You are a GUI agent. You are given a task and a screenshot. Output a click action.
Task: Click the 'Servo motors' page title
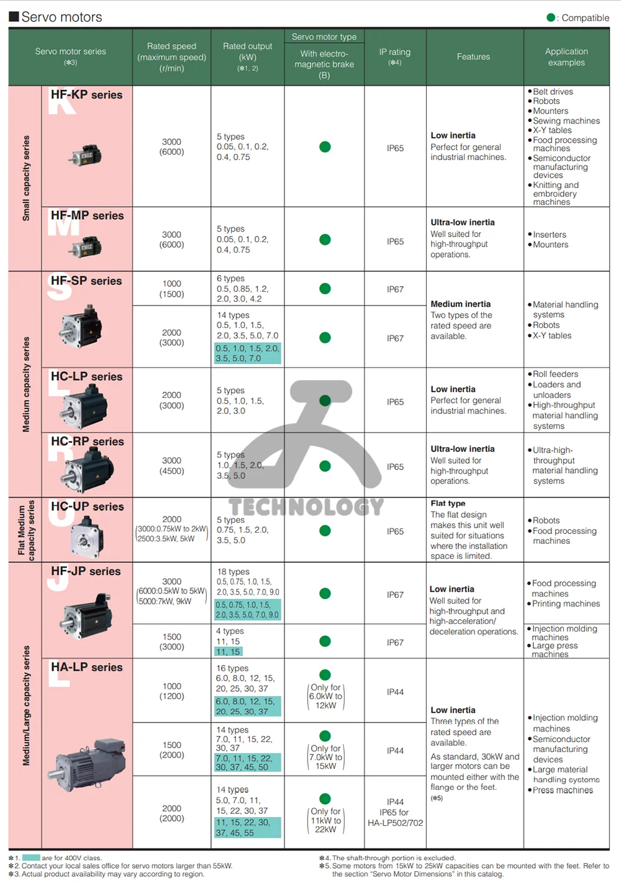point(61,17)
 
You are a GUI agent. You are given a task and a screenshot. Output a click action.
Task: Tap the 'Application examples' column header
point(566,57)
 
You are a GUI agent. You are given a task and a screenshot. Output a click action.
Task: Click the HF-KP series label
point(86,95)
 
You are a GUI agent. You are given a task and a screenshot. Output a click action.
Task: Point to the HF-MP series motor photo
point(86,247)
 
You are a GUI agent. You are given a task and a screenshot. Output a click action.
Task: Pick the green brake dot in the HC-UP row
point(325,531)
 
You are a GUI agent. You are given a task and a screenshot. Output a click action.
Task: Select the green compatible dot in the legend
point(551,17)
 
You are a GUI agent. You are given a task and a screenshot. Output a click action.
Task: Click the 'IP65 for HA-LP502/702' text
point(395,818)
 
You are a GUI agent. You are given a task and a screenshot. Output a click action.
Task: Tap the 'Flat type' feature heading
point(448,504)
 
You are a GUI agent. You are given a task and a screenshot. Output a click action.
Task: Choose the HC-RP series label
point(87,441)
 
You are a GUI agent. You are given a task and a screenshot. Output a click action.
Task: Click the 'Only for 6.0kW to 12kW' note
point(325,696)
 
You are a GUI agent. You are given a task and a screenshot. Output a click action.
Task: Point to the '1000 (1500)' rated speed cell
point(172,289)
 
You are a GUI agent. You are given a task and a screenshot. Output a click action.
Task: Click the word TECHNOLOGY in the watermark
point(306,507)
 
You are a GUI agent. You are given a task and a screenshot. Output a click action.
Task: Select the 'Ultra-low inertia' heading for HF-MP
point(463,222)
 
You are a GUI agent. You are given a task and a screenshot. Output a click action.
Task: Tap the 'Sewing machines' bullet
point(566,121)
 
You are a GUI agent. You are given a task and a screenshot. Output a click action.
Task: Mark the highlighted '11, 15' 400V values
point(228,652)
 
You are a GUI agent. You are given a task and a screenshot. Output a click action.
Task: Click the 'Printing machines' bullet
point(566,604)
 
